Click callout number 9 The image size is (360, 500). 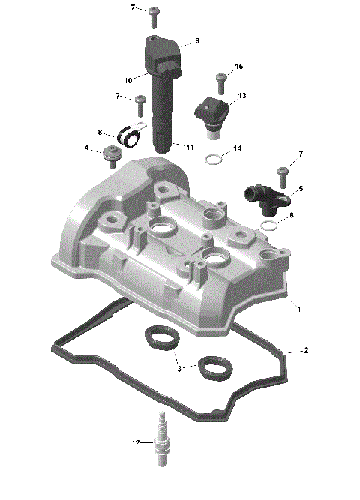[197, 40]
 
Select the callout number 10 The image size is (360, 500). [128, 79]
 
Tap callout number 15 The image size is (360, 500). [239, 67]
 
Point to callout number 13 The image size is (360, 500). [242, 97]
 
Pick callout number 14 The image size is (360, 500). [237, 149]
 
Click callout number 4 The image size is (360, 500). [87, 148]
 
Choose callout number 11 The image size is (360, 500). [190, 146]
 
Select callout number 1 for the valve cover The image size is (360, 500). [299, 308]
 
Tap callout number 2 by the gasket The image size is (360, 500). [306, 350]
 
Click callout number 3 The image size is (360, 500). [178, 367]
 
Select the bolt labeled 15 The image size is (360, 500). [221, 79]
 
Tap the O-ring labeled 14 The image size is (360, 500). [214, 159]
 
